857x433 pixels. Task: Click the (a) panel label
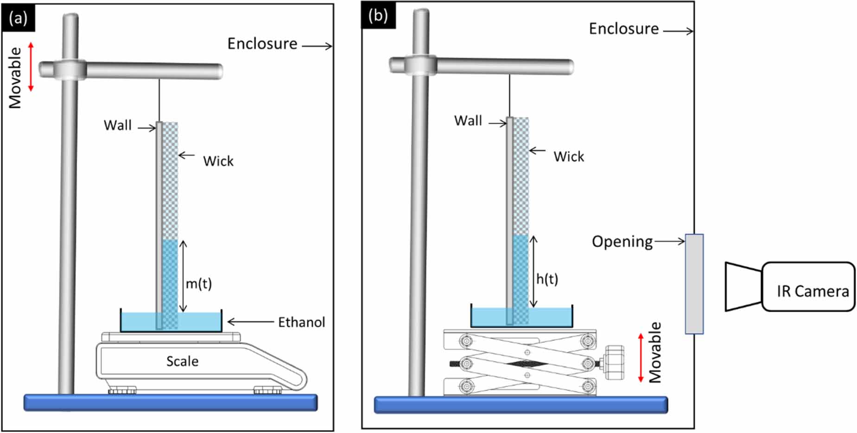pyautogui.click(x=18, y=19)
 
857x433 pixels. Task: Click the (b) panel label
pyautogui.click(x=378, y=16)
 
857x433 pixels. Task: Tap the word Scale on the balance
pyautogui.click(x=182, y=361)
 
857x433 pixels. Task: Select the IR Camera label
pyautogui.click(x=813, y=291)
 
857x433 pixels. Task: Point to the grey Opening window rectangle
pyautogui.click(x=694, y=284)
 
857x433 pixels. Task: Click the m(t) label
pyautogui.click(x=198, y=283)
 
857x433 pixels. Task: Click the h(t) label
pyautogui.click(x=547, y=279)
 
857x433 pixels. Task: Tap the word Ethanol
pyautogui.click(x=301, y=322)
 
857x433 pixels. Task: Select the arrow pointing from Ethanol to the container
pyautogui.click(x=250, y=322)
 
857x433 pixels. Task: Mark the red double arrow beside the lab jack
pyautogui.click(x=641, y=357)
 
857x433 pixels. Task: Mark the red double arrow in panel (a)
pyautogui.click(x=31, y=66)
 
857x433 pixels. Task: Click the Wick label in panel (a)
pyautogui.click(x=218, y=161)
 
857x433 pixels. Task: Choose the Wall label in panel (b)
pyautogui.click(x=468, y=121)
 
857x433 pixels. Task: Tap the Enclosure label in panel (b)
pyautogui.click(x=623, y=29)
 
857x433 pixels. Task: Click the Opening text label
pyautogui.click(x=622, y=242)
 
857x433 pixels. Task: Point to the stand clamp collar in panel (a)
pyautogui.click(x=70, y=70)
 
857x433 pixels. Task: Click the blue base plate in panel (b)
pyautogui.click(x=521, y=405)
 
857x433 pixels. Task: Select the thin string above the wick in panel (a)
pyautogui.click(x=159, y=100)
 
